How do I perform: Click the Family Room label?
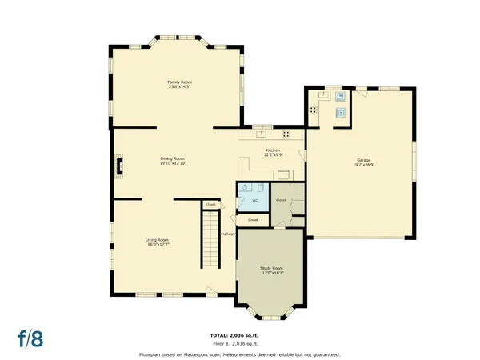(179, 82)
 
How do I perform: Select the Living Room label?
(157, 240)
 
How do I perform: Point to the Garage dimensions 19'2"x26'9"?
(364, 165)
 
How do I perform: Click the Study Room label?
(271, 267)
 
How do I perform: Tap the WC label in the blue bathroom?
(255, 200)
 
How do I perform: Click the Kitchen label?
(273, 150)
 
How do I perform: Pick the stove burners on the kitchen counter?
(284, 134)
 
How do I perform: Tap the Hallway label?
(228, 234)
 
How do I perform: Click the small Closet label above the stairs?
(210, 205)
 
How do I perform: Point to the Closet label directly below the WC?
(253, 219)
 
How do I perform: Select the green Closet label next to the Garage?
(281, 200)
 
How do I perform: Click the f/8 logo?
(32, 338)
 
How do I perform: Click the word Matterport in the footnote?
(202, 354)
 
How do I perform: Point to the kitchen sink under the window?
(262, 134)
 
